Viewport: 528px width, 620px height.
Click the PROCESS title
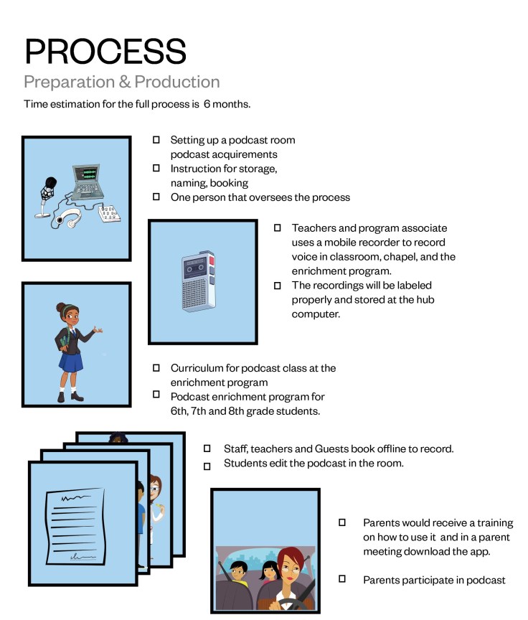click(105, 52)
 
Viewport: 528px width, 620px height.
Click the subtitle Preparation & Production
click(122, 81)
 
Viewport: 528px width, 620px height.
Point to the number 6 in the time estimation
click(207, 104)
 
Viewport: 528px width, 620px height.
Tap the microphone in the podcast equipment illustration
click(51, 188)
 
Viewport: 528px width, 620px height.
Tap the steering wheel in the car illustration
click(288, 601)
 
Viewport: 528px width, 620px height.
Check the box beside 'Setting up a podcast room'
click(156, 140)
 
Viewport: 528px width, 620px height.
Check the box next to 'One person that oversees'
click(156, 197)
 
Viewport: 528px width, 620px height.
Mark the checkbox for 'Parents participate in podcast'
click(342, 578)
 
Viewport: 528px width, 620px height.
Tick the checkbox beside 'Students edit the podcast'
click(207, 466)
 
